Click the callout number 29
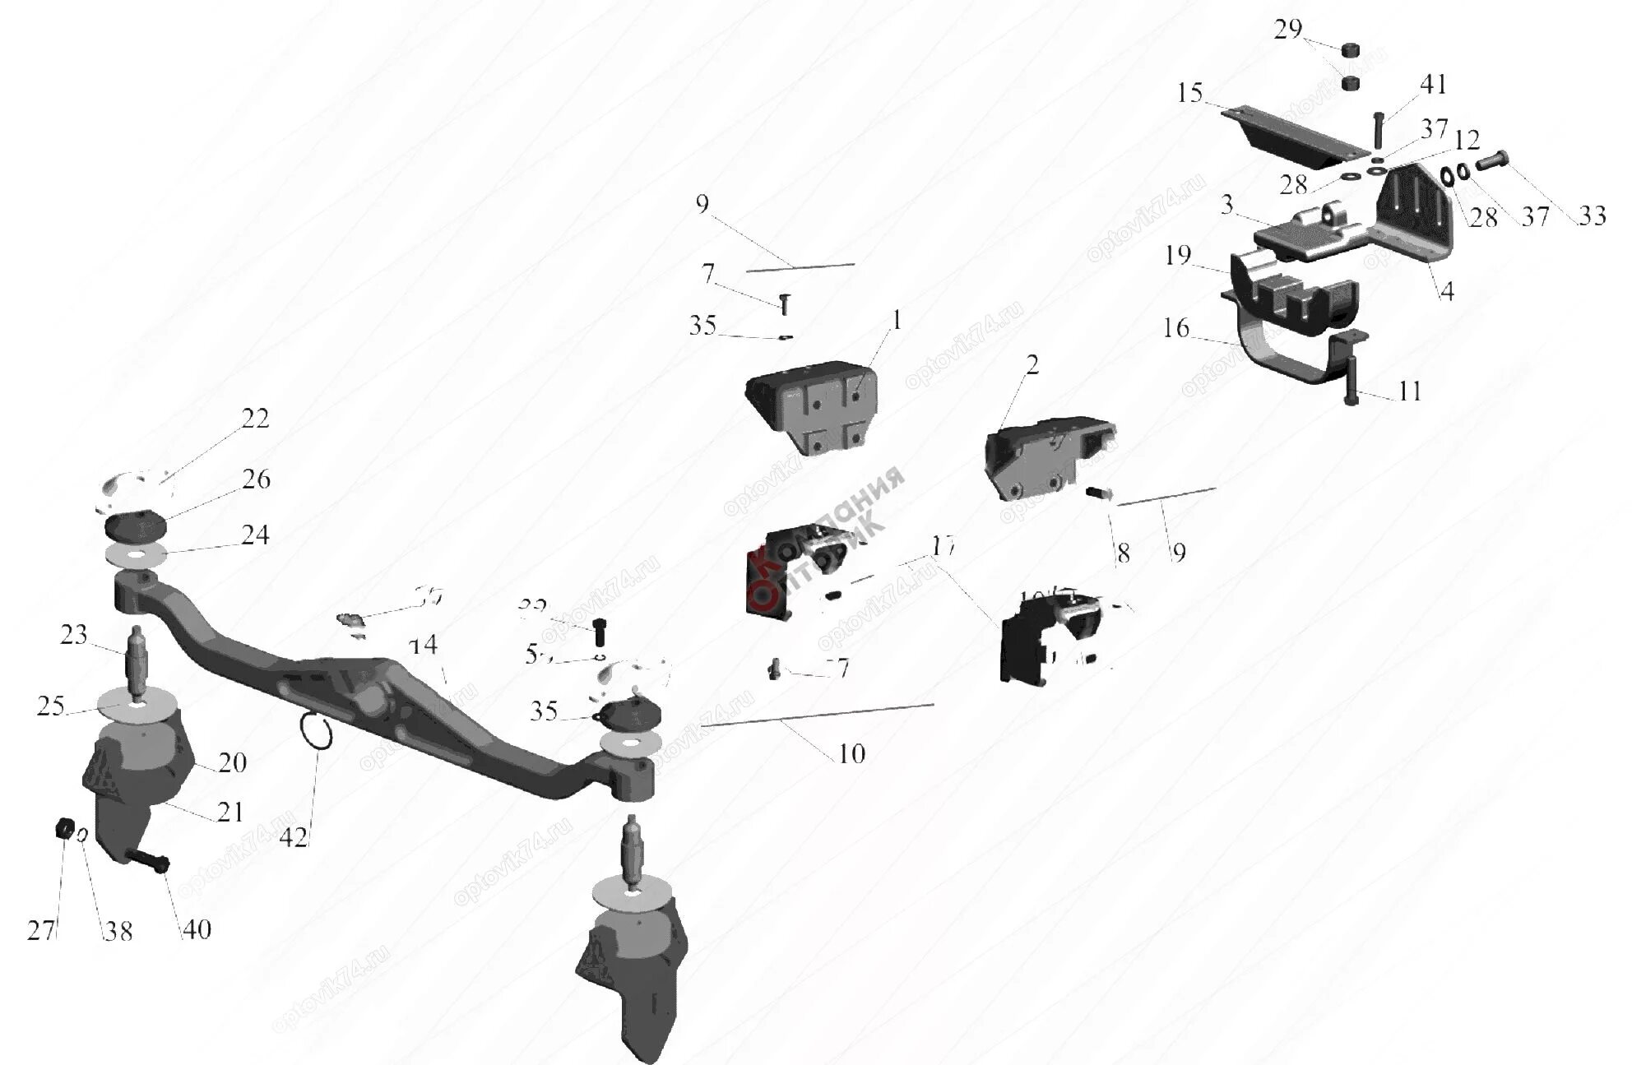1287,30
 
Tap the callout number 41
1432,85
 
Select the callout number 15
1190,93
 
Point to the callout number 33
1592,216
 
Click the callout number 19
1178,256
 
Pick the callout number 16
1176,329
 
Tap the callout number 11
1410,391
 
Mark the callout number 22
255,419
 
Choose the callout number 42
294,838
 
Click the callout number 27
41,931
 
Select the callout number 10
852,753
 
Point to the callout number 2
1032,365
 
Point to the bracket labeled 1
810,415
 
